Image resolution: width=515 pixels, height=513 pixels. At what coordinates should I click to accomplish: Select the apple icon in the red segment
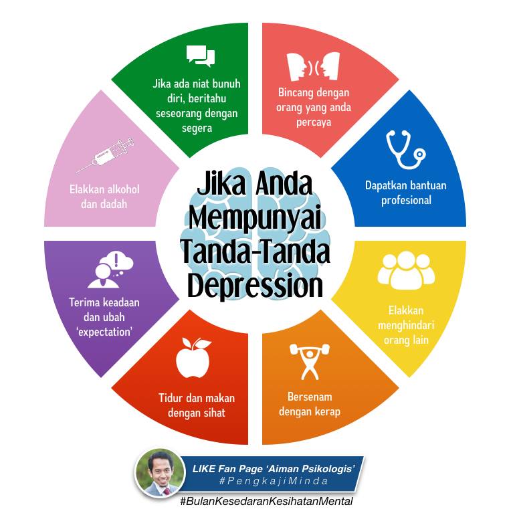193,358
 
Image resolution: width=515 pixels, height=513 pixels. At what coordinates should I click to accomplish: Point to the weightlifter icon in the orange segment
310,361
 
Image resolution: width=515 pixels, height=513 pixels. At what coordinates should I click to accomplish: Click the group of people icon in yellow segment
406,270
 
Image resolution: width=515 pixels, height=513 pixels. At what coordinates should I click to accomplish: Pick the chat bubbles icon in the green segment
201,56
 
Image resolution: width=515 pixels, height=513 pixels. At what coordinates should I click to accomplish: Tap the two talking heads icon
313,66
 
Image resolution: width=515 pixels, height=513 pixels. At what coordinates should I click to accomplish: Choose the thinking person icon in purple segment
110,270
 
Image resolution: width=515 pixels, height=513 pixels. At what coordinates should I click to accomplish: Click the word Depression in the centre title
255,286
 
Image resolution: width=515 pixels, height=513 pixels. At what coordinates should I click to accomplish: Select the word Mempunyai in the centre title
255,218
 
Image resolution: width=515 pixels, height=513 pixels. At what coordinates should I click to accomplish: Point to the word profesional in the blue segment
406,200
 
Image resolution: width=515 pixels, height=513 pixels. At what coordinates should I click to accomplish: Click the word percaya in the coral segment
314,122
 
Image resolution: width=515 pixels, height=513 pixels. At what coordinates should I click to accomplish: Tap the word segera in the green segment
197,128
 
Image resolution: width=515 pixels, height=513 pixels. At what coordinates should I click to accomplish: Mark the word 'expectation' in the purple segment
104,332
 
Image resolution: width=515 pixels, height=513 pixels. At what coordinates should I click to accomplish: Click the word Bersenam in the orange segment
310,397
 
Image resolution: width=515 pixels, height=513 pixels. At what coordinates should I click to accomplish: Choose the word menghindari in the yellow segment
406,325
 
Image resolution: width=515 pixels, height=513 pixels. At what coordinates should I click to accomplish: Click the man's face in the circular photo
160,470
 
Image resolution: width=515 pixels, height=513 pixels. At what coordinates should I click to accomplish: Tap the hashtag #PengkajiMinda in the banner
274,481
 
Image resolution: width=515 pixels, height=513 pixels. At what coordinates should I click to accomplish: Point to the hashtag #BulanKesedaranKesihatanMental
266,501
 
